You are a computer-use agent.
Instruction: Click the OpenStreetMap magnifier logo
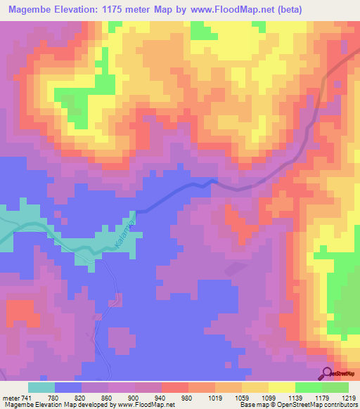pos(328,374)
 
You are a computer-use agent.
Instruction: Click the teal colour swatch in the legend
pos(41,387)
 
